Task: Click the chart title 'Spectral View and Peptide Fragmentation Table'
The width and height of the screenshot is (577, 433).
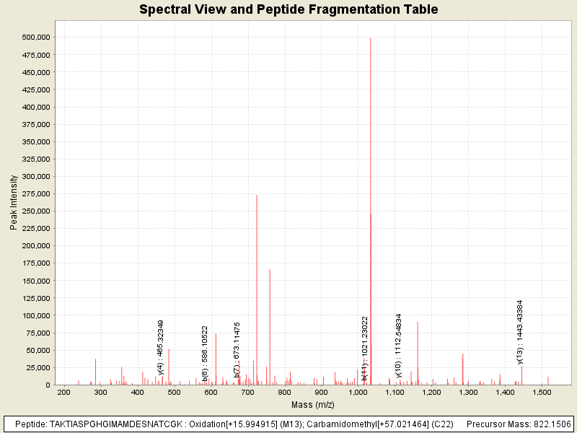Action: pyautogui.click(x=288, y=10)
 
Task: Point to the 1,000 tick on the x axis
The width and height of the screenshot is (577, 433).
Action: pyautogui.click(x=358, y=392)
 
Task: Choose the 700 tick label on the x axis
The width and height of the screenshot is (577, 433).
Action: pyautogui.click(x=248, y=392)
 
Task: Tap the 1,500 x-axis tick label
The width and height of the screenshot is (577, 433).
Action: pyautogui.click(x=542, y=392)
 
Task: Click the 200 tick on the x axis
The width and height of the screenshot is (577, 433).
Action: pyautogui.click(x=64, y=392)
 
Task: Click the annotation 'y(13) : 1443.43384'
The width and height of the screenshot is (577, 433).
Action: pyautogui.click(x=520, y=332)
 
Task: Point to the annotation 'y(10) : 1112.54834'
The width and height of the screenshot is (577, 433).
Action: pyautogui.click(x=398, y=345)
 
